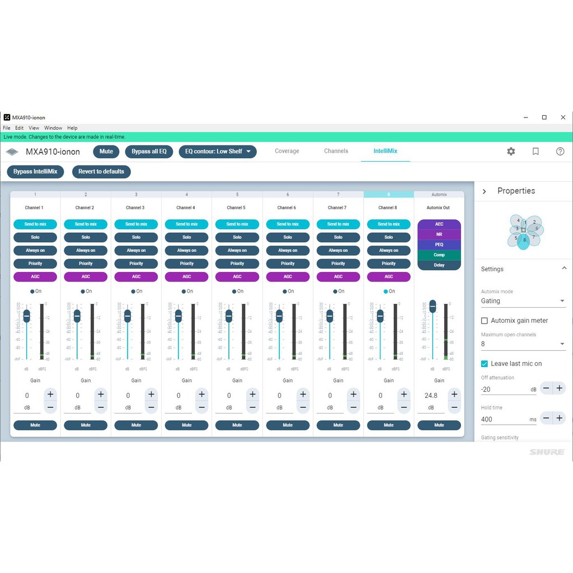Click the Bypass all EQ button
pyautogui.click(x=149, y=152)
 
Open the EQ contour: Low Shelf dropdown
pyautogui.click(x=218, y=152)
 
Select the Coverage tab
pyautogui.click(x=287, y=151)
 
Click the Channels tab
pyautogui.click(x=336, y=151)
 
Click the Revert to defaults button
pyautogui.click(x=101, y=172)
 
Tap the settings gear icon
pyautogui.click(x=511, y=152)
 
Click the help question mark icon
pyautogui.click(x=560, y=152)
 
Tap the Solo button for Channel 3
pyautogui.click(x=136, y=237)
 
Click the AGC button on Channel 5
pyautogui.click(x=237, y=276)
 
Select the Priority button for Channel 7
pyautogui.click(x=338, y=264)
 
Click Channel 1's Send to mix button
pyautogui.click(x=35, y=224)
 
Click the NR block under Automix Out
pyautogui.click(x=439, y=234)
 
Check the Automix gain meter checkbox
pyautogui.click(x=485, y=321)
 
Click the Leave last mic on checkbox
pyautogui.click(x=485, y=364)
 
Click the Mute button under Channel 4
pyautogui.click(x=187, y=425)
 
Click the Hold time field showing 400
pyautogui.click(x=504, y=419)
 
